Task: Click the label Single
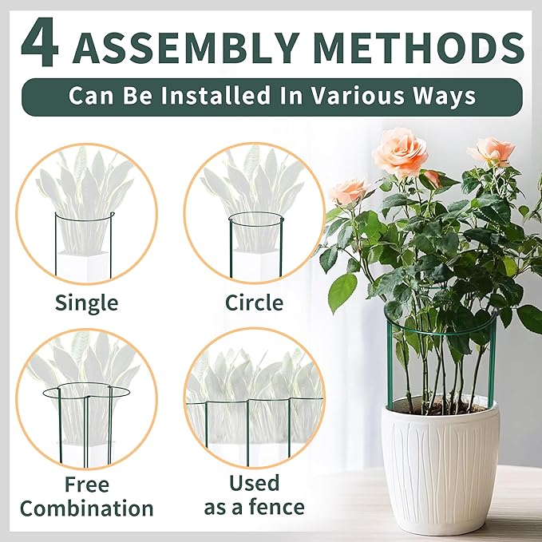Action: pos(86,303)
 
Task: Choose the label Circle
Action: pos(254,303)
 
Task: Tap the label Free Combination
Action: pos(86,496)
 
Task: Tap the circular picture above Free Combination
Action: pos(86,399)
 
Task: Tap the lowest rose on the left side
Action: pos(349,191)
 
